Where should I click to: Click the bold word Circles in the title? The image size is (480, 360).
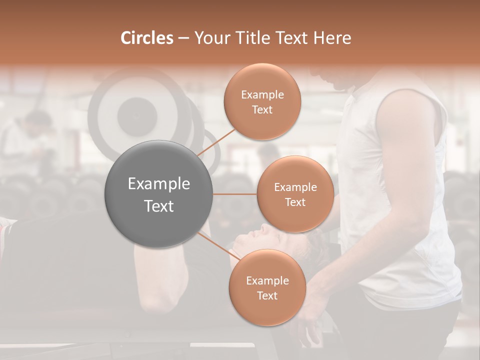pos(146,38)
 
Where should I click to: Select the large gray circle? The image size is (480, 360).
pos(158,194)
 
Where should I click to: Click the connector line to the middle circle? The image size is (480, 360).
pos(234,194)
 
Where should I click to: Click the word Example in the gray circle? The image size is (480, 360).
pos(158,184)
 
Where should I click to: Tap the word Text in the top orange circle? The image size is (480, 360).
pos(262,110)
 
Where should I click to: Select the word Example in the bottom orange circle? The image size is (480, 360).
pos(267,281)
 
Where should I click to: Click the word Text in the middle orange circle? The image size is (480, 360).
pos(295,202)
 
